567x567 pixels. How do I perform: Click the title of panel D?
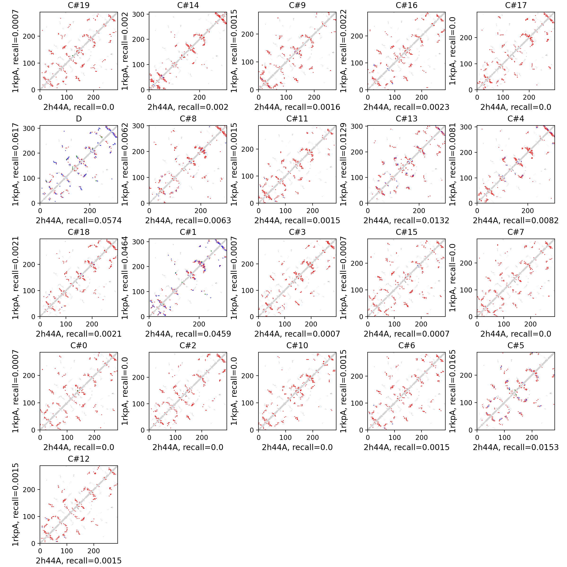(79, 119)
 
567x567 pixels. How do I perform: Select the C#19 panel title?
(79, 5)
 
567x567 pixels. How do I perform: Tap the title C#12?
(79, 459)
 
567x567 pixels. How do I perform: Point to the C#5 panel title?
(516, 345)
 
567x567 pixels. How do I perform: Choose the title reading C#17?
(516, 5)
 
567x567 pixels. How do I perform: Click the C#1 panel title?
(188, 232)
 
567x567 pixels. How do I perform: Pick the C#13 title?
(406, 119)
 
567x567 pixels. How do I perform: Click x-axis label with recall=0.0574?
(79, 220)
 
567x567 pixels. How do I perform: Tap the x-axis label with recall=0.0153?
(516, 447)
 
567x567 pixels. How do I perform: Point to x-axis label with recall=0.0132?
(406, 220)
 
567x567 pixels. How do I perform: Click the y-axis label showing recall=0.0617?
(15, 164)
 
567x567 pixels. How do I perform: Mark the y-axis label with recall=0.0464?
(125, 278)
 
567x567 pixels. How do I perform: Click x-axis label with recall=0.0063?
(188, 220)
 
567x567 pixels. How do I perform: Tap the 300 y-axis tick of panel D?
(29, 128)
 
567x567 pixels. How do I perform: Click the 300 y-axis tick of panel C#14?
(138, 14)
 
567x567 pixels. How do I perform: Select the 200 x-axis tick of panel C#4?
(528, 211)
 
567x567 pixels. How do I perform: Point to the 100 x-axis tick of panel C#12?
(67, 551)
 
